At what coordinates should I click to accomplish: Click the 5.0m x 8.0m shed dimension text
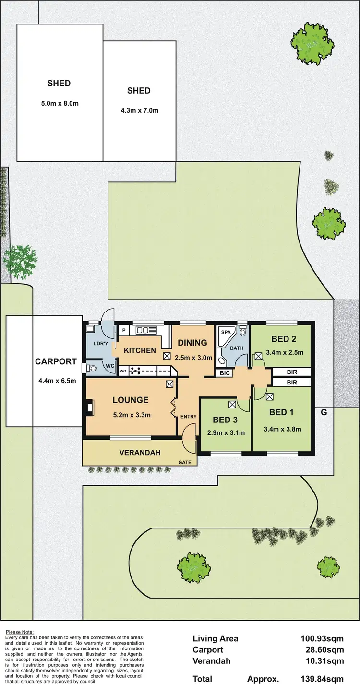click(59, 102)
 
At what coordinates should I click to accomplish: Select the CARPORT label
click(56, 362)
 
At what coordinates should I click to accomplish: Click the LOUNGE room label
click(131, 400)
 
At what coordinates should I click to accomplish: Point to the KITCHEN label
click(140, 350)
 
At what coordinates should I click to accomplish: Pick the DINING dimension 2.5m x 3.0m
click(192, 357)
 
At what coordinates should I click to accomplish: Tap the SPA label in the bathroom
click(225, 332)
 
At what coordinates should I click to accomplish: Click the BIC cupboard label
click(224, 372)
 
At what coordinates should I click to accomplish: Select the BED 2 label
click(283, 339)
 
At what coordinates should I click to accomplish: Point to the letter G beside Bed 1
click(324, 411)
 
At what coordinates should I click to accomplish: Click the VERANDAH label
click(140, 453)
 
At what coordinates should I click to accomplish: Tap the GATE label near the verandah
click(185, 462)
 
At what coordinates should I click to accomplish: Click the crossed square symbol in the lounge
click(169, 384)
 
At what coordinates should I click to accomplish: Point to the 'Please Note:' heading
click(19, 632)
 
